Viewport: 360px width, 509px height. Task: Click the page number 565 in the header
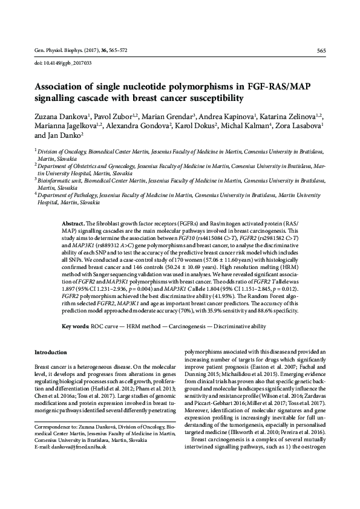point(321,51)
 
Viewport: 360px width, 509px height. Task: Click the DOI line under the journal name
point(54,63)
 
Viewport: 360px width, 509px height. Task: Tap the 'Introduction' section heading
point(52,352)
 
